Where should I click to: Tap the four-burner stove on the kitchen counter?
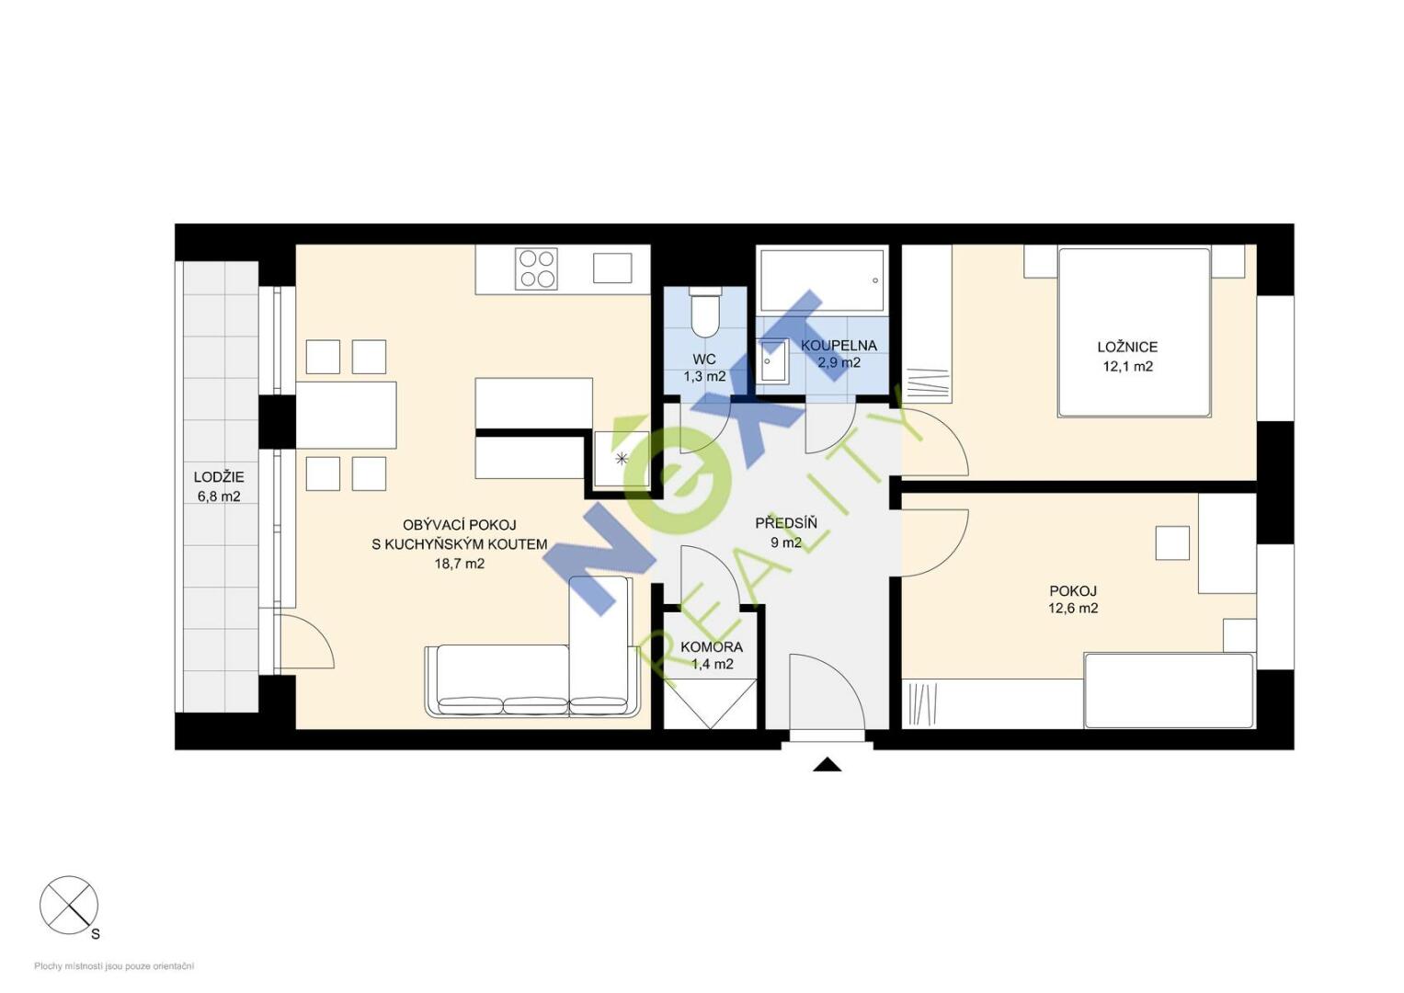click(x=537, y=268)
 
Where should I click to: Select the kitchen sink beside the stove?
click(x=612, y=268)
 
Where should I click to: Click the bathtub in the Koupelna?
click(x=822, y=280)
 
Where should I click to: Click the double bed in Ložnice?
click(x=1135, y=332)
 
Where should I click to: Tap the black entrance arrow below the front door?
click(x=827, y=764)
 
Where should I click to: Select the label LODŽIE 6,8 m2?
click(x=219, y=486)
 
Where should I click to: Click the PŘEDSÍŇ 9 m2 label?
click(x=786, y=532)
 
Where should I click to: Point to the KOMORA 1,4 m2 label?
click(x=712, y=655)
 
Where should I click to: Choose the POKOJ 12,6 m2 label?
click(x=1073, y=599)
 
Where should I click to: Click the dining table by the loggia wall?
click(x=346, y=415)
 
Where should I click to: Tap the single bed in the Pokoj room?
click(x=1170, y=691)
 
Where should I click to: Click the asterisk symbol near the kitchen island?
click(x=622, y=459)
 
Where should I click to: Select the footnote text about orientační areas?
click(x=114, y=966)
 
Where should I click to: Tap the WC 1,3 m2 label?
click(x=704, y=368)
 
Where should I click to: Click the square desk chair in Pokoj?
click(x=1172, y=542)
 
